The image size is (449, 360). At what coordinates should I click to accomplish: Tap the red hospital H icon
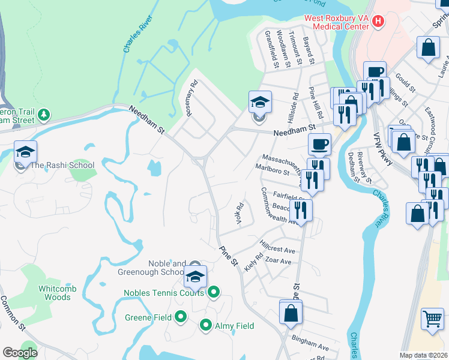coord(378,22)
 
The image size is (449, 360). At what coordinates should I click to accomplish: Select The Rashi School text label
coord(62,165)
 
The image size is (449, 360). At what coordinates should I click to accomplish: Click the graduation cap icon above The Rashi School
coord(26,152)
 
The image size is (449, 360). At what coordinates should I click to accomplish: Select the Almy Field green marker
coord(206,326)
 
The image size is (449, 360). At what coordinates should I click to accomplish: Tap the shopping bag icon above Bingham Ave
coord(291,312)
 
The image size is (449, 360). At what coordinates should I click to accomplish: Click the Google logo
coord(20,353)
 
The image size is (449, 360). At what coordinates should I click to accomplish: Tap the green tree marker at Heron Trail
coord(43,114)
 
